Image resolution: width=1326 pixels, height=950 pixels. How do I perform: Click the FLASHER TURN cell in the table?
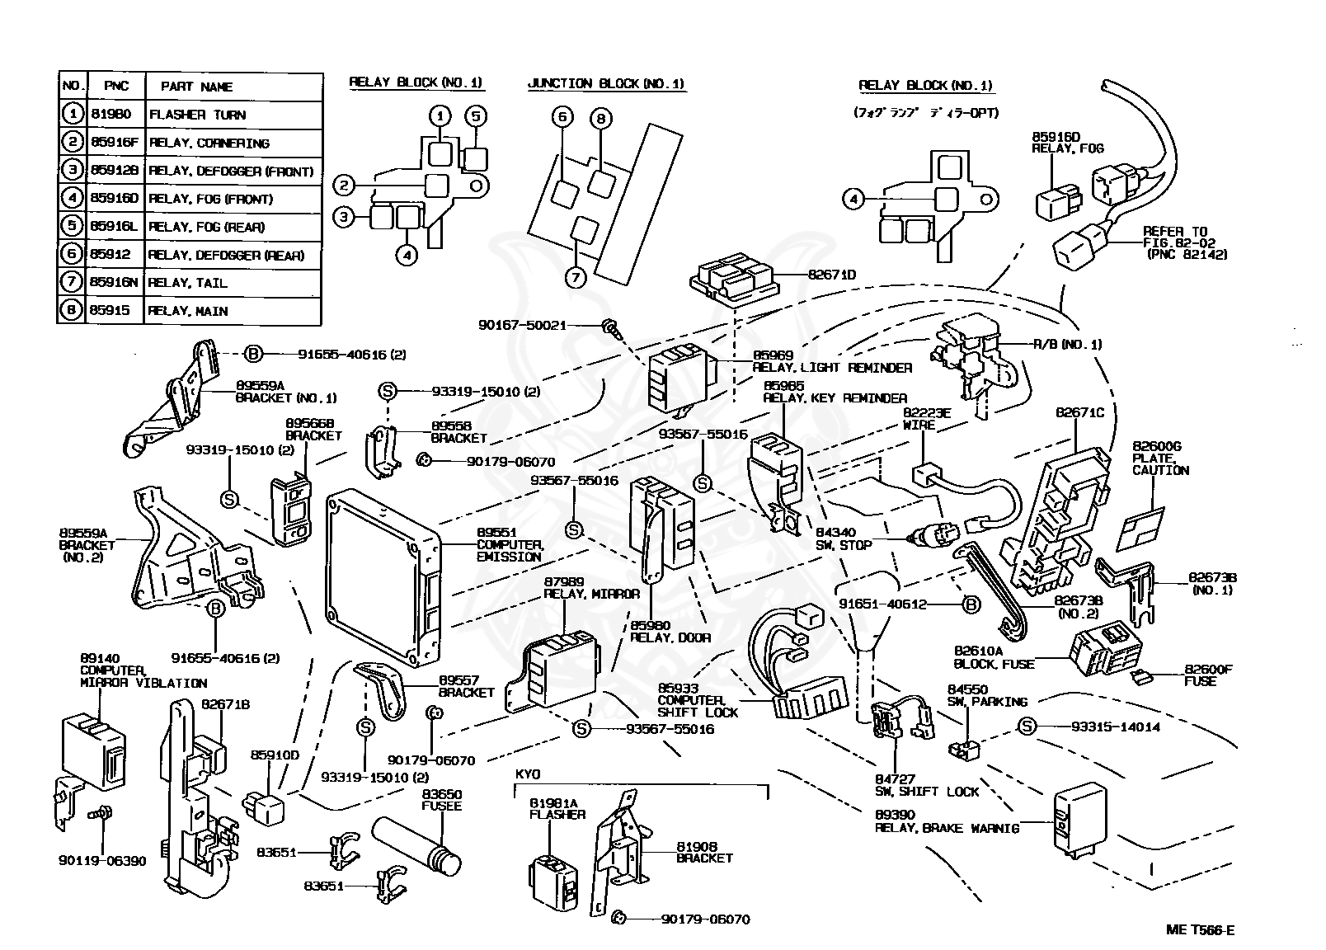click(233, 115)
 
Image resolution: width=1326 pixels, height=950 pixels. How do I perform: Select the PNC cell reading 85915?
click(115, 311)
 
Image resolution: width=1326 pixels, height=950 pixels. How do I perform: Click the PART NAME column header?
click(233, 87)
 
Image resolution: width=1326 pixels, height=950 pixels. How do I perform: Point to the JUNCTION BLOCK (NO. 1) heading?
click(605, 83)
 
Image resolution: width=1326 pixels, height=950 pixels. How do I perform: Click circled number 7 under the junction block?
click(576, 277)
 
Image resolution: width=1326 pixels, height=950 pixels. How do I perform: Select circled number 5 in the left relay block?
click(476, 116)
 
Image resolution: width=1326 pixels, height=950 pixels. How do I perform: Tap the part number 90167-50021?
click(521, 325)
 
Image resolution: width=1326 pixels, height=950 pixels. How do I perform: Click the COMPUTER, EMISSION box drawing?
click(383, 577)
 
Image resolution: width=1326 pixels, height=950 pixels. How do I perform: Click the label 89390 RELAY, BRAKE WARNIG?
click(947, 821)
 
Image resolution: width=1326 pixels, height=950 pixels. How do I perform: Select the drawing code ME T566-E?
click(1201, 930)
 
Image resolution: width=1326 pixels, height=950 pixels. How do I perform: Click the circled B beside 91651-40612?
click(971, 604)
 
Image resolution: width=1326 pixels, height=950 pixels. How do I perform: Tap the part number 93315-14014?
click(1115, 727)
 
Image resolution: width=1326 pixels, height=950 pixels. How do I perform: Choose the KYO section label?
click(528, 775)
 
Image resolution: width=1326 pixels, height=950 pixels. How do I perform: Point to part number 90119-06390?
click(101, 861)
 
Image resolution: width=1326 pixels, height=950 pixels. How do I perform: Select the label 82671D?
click(832, 275)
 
